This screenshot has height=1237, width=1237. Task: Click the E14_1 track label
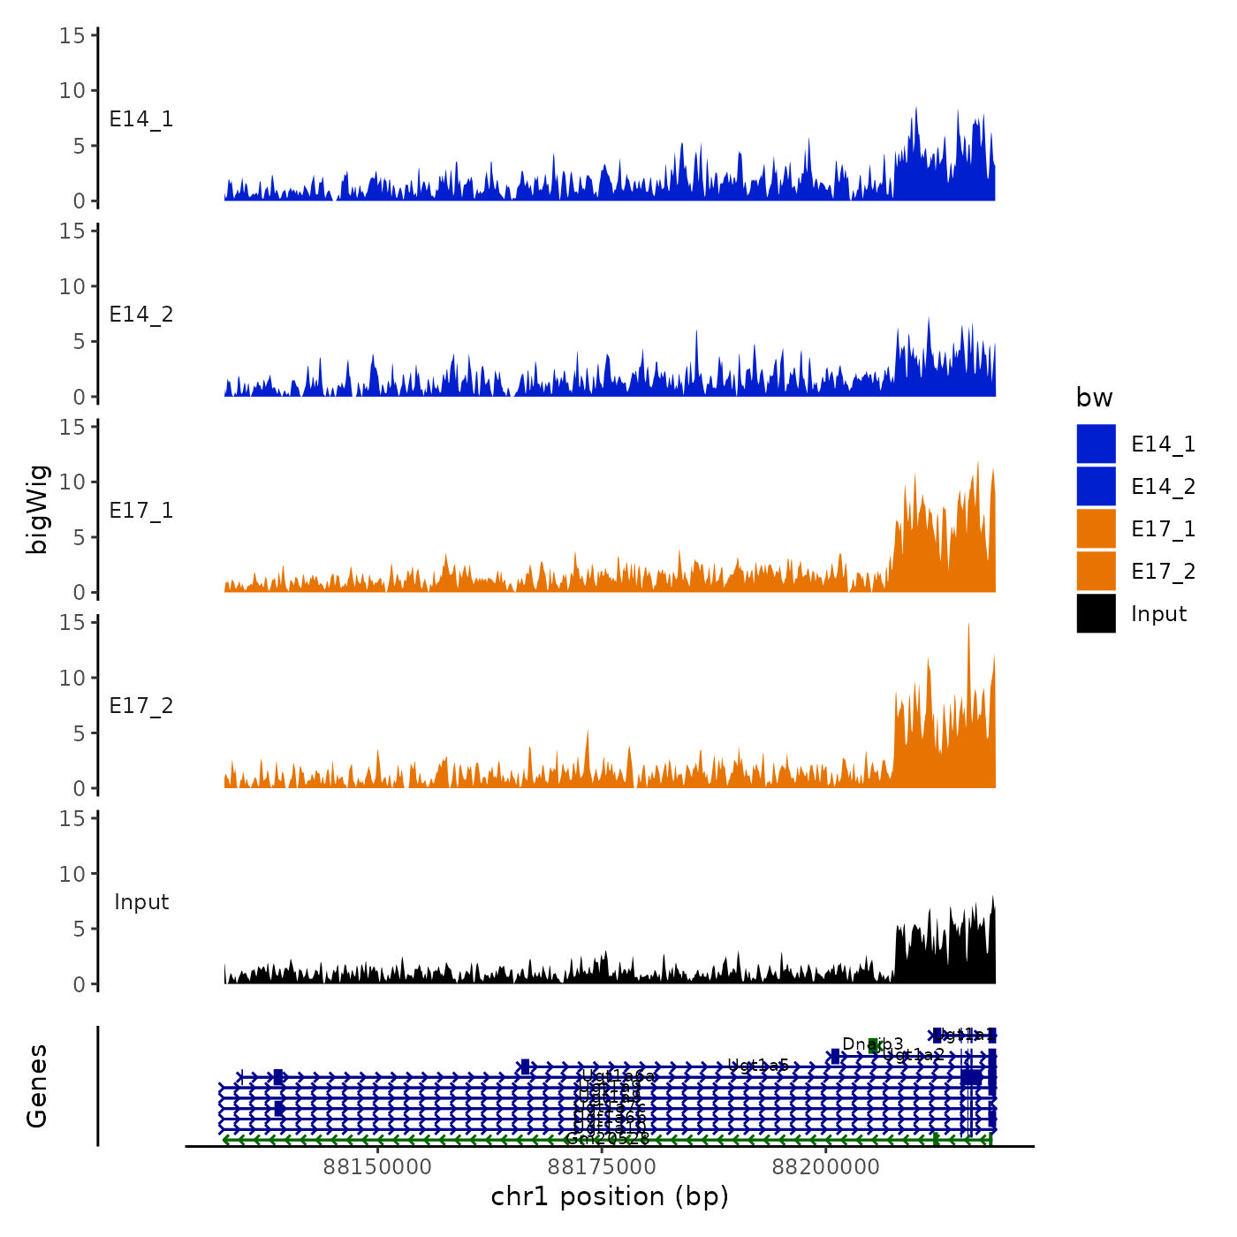[141, 119]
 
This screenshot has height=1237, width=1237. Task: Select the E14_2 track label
[141, 315]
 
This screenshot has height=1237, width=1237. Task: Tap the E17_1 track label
[141, 511]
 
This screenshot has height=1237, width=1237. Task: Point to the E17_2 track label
[141, 706]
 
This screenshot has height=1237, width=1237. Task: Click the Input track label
[141, 902]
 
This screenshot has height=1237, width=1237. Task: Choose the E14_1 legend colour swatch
[1096, 444]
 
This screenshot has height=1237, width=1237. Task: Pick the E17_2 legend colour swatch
[1096, 571]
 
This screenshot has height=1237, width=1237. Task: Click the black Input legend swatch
[1096, 613]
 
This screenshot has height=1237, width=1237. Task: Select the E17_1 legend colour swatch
[1096, 528]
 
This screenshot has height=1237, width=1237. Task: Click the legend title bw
[1094, 398]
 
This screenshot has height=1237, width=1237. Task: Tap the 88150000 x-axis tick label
[377, 1167]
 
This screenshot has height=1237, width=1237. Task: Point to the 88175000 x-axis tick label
[602, 1167]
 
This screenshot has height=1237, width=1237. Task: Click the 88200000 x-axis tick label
[826, 1167]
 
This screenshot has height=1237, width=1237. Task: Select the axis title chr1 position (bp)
[610, 1196]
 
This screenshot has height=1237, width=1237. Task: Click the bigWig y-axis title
[37, 509]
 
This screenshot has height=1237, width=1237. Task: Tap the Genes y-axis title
[37, 1086]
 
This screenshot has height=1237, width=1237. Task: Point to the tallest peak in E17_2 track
[968, 624]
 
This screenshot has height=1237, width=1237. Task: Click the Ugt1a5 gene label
[758, 1066]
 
